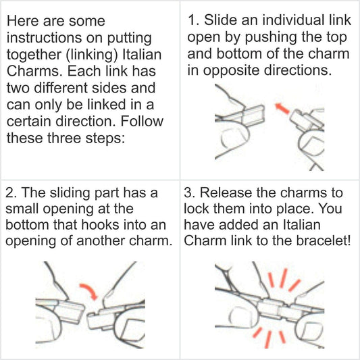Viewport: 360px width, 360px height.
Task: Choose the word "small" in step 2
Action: point(26,209)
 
